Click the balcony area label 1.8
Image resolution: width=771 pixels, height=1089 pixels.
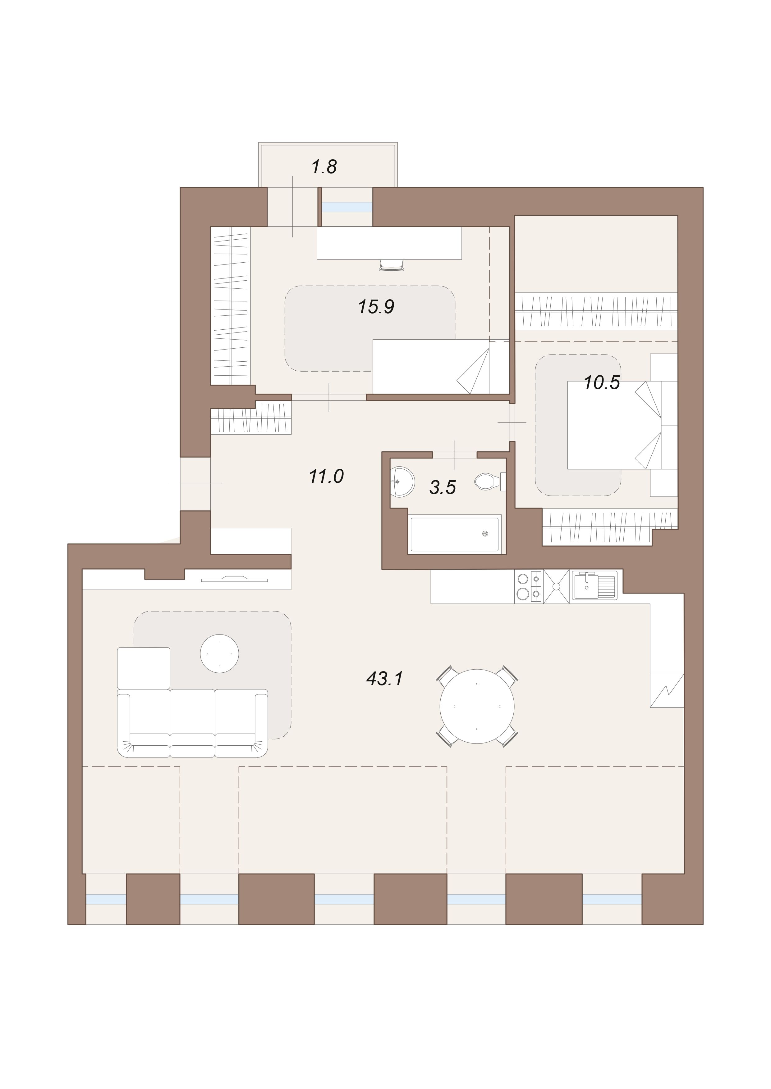[324, 167]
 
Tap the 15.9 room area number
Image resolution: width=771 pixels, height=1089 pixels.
[376, 307]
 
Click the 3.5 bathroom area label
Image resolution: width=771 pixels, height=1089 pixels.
[443, 487]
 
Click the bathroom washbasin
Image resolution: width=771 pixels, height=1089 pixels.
[401, 482]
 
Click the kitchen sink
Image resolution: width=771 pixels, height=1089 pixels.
[594, 586]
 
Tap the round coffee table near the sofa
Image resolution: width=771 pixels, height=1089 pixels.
[219, 653]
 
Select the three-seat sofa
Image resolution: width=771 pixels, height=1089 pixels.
[192, 723]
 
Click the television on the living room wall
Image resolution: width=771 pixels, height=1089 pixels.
[235, 579]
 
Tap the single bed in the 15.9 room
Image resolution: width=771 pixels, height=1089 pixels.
[441, 367]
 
